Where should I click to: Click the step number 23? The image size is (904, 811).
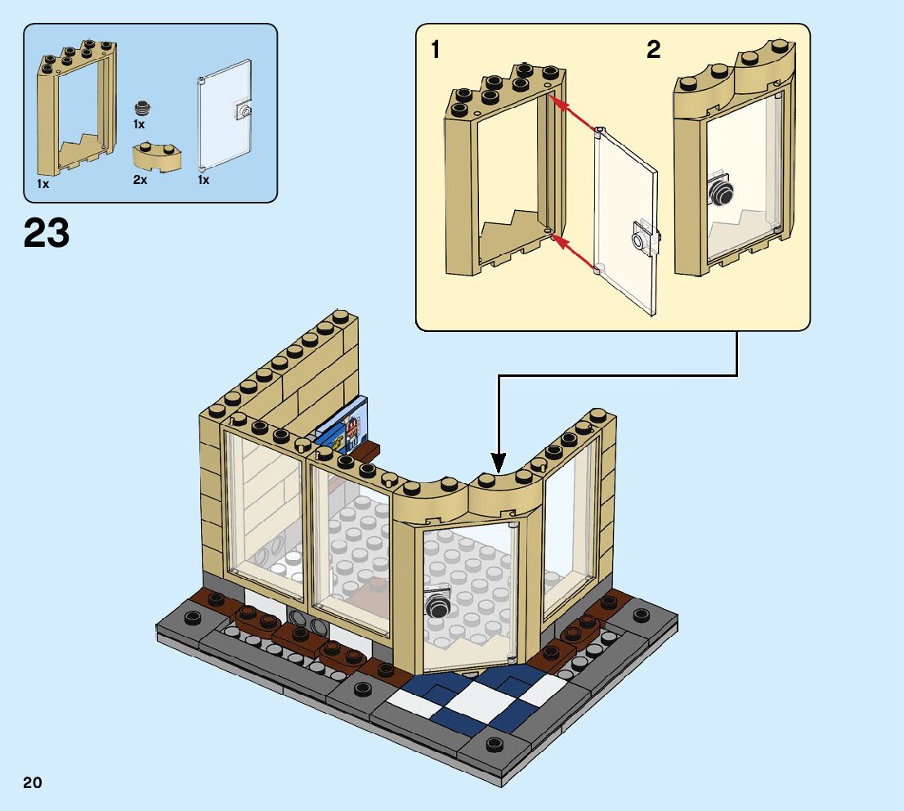coord(47,233)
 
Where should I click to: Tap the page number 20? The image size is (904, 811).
coord(33,782)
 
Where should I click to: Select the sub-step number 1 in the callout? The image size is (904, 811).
coord(436,51)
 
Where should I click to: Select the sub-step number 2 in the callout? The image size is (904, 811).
coord(653,51)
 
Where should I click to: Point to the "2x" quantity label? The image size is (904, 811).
coord(141,180)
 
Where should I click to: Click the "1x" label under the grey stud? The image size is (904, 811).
coord(139,125)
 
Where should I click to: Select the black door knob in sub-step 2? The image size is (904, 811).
coord(722,192)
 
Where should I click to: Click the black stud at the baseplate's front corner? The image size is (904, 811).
coord(493,744)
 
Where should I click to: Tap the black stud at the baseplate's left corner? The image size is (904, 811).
coord(193,617)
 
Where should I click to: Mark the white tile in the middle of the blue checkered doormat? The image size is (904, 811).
coord(476,699)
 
